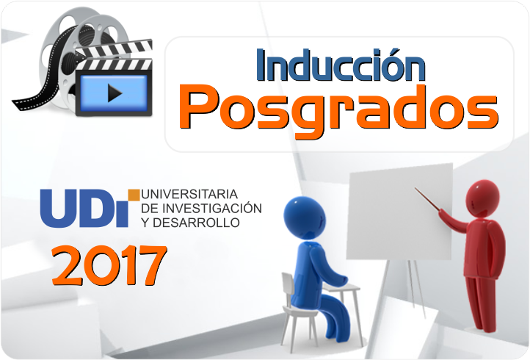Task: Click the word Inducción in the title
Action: coord(340,65)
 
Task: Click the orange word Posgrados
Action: coord(338,108)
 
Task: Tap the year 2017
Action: coord(109,266)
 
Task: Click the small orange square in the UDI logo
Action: coord(134,194)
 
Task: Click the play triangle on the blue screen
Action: coord(114,93)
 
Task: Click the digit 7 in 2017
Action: coord(148,266)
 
